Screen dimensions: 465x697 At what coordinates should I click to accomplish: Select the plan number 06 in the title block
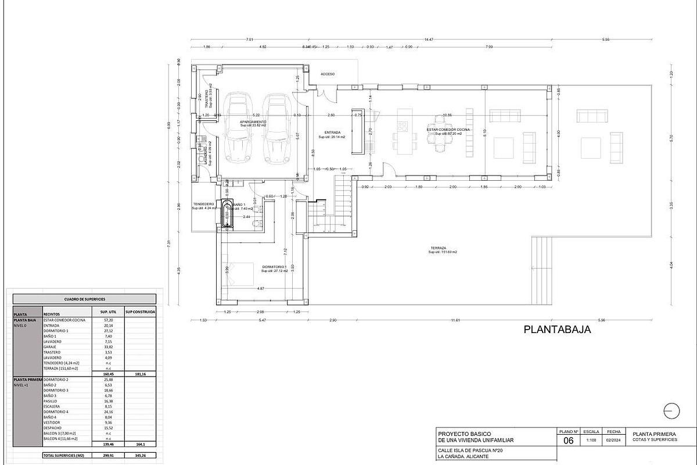click(x=569, y=441)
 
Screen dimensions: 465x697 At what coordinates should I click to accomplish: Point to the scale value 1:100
click(x=591, y=441)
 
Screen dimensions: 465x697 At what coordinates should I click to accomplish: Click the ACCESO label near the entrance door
click(x=328, y=74)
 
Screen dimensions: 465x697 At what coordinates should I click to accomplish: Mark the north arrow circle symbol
click(x=671, y=410)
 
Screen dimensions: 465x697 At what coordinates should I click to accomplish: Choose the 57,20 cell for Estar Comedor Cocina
click(x=108, y=320)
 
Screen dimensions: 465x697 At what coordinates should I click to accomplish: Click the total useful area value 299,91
click(x=108, y=456)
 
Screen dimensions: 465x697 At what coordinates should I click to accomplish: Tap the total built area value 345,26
click(x=140, y=456)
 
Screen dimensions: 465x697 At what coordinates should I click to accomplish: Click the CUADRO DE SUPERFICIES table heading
click(x=85, y=299)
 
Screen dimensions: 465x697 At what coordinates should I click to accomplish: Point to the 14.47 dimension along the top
click(x=429, y=39)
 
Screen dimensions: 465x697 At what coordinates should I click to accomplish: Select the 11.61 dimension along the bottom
click(x=455, y=320)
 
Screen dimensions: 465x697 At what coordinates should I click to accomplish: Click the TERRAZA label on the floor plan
click(x=438, y=248)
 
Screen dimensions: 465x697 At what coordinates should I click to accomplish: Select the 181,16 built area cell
click(x=140, y=374)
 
